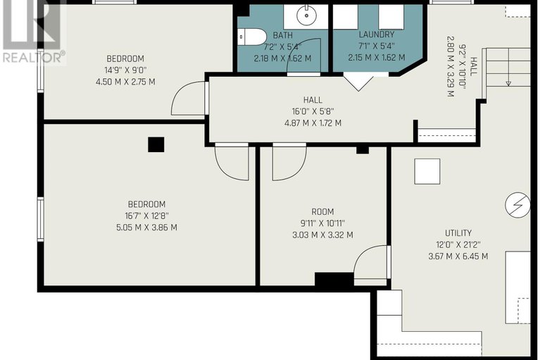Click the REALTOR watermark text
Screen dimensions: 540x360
pos(34,57)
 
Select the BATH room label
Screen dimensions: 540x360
pos(283,35)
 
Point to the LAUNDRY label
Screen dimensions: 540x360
pos(377,35)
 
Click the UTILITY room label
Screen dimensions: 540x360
pos(458,233)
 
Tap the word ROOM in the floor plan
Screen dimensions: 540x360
pos(322,211)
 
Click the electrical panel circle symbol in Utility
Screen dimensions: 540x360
pos(517,206)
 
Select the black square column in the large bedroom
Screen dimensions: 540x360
pos(156,144)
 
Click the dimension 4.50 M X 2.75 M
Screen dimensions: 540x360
pos(125,82)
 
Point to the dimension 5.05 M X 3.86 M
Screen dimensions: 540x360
pos(146,228)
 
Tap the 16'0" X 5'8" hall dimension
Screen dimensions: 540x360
pos(313,111)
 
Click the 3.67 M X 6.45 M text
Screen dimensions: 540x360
pos(458,256)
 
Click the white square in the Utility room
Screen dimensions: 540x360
pos(427,172)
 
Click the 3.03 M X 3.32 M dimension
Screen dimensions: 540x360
pos(322,235)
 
